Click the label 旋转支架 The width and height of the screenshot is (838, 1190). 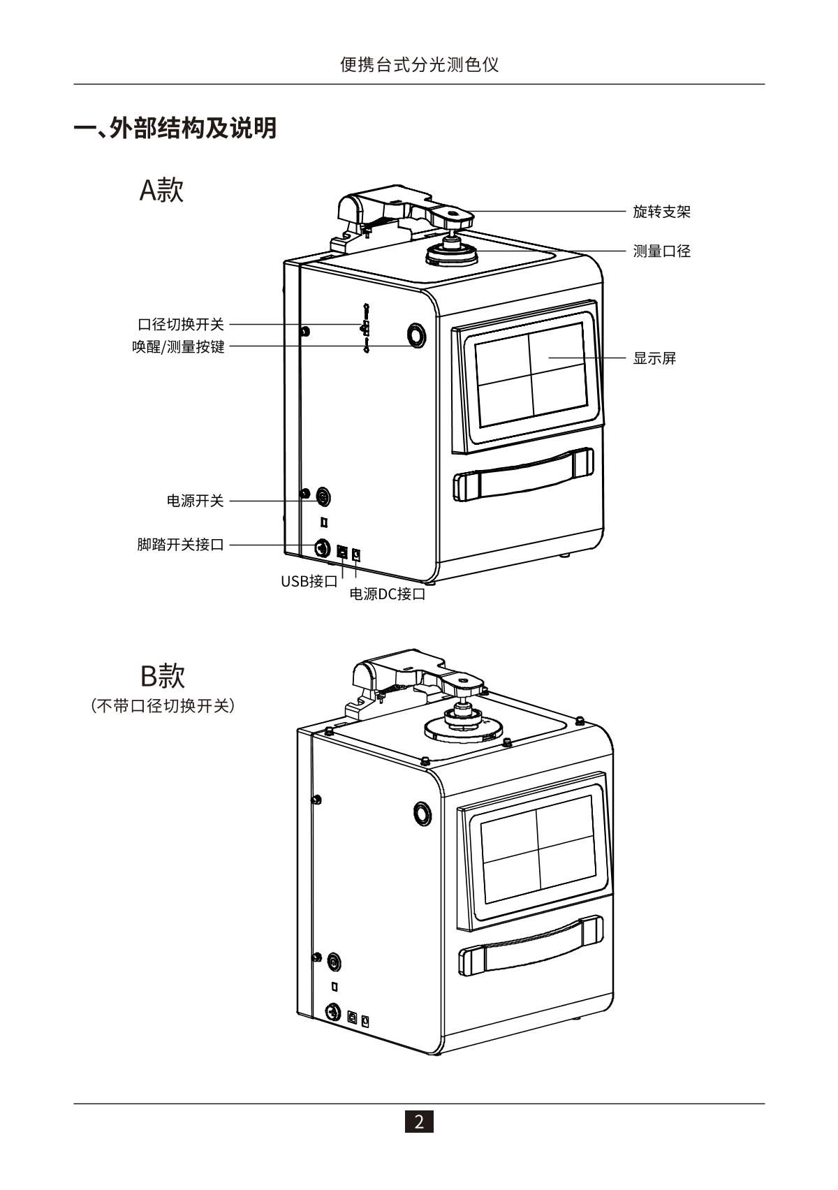(x=661, y=212)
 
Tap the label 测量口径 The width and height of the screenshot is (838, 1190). (x=661, y=251)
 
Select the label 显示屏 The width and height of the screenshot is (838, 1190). (x=654, y=358)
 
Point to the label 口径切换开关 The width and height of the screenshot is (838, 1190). (x=181, y=325)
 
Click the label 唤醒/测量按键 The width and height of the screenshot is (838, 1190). (x=179, y=347)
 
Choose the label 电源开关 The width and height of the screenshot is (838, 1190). (x=195, y=501)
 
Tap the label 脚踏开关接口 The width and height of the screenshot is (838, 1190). (x=181, y=545)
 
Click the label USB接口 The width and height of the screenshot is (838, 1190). (x=309, y=581)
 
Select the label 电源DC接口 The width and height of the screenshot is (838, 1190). (x=387, y=595)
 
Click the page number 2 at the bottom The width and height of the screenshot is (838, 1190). (x=419, y=1122)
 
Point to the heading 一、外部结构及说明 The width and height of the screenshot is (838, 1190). (x=175, y=128)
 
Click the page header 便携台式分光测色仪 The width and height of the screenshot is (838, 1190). (x=419, y=65)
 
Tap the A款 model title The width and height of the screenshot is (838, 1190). (x=161, y=189)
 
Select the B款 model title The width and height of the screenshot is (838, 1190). (x=162, y=676)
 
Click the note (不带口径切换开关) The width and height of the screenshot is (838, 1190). (x=163, y=706)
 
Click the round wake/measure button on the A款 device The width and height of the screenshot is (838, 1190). (x=416, y=336)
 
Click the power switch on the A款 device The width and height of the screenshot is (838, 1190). (x=323, y=497)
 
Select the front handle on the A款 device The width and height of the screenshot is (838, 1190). (x=524, y=475)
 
